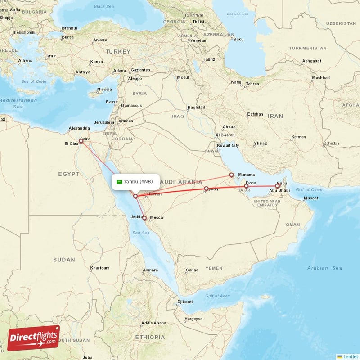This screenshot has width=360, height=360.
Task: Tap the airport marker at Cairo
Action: (x=81, y=141)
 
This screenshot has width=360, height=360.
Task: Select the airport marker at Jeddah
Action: (x=144, y=218)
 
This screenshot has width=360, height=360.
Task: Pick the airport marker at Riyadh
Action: (x=206, y=189)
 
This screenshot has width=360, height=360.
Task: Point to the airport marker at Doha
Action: (x=246, y=186)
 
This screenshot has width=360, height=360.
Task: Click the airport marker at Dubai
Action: (x=277, y=185)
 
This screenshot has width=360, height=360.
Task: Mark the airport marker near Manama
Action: (x=231, y=175)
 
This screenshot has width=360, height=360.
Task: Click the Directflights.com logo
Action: (x=34, y=338)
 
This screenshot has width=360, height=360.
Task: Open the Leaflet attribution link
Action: (x=350, y=356)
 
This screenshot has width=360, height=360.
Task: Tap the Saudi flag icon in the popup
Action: (x=120, y=182)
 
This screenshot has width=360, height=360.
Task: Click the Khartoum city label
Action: (x=99, y=268)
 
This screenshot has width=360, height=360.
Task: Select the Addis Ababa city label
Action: (x=153, y=323)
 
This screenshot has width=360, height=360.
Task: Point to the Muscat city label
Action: (x=311, y=198)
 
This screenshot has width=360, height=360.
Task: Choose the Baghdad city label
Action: (x=196, y=108)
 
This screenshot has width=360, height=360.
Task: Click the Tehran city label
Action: (x=252, y=84)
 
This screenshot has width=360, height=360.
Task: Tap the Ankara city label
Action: (x=99, y=40)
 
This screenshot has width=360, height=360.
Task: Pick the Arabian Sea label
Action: (x=324, y=268)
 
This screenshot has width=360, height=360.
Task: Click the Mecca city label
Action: (x=157, y=218)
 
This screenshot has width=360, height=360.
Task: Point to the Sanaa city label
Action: (x=192, y=270)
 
